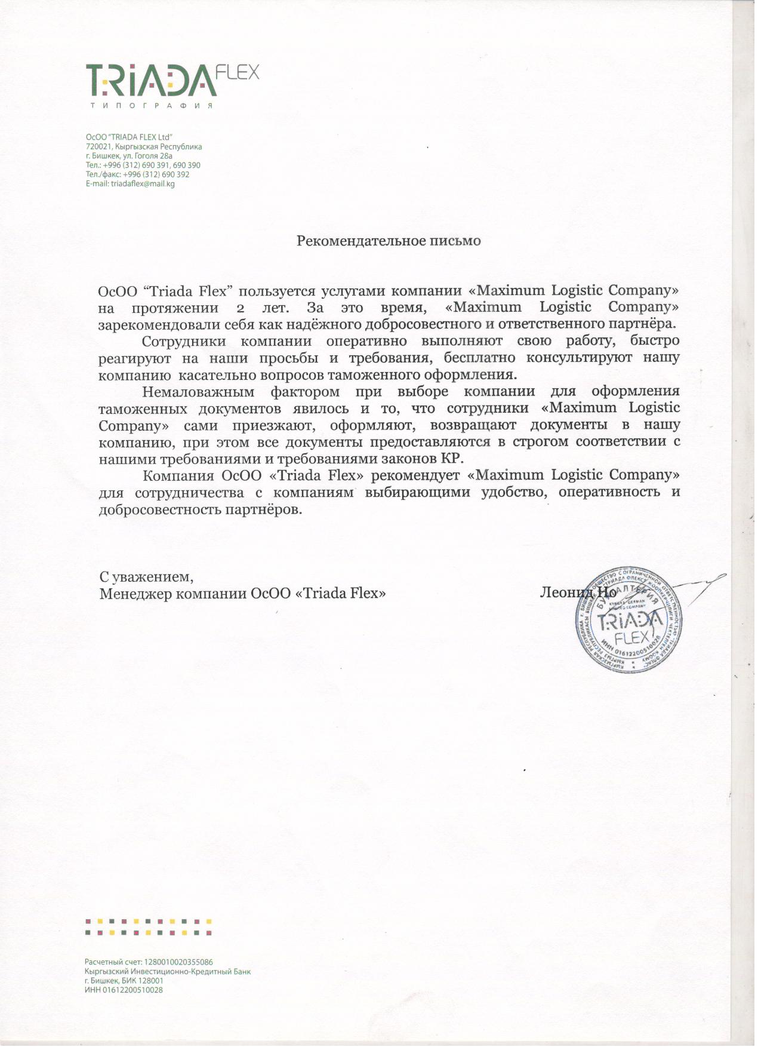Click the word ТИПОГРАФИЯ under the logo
[152, 106]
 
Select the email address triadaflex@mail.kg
[143, 184]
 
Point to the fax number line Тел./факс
[137, 174]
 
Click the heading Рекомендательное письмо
[389, 241]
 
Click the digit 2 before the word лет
[241, 308]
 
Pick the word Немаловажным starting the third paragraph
[198, 392]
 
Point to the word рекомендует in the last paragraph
[415, 476]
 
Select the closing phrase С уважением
[146, 578]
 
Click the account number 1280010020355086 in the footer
[178, 962]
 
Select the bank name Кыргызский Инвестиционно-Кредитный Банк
[168, 972]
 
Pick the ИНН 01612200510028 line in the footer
[124, 990]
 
